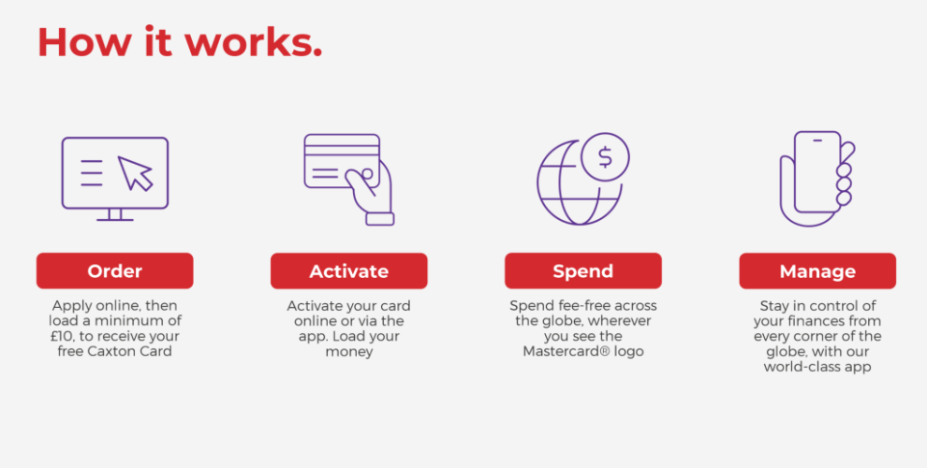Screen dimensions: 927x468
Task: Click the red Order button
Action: [x=114, y=271]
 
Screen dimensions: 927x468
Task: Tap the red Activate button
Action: [x=349, y=271]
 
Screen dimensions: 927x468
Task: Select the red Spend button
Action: [x=583, y=271]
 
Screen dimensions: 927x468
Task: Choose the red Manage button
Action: [x=817, y=271]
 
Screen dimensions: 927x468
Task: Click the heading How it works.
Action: [x=180, y=42]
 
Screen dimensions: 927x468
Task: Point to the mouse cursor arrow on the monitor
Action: [x=136, y=173]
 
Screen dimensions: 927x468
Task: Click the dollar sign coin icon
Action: [x=605, y=157]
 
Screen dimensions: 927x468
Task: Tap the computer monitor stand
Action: [x=114, y=215]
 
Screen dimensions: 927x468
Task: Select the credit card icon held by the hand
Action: [x=342, y=161]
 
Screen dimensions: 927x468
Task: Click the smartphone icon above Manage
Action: [x=817, y=171]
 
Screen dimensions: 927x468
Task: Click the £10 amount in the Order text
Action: [x=62, y=336]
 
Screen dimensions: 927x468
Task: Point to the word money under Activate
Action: [x=349, y=352]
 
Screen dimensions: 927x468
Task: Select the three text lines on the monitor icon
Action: [x=92, y=172]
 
